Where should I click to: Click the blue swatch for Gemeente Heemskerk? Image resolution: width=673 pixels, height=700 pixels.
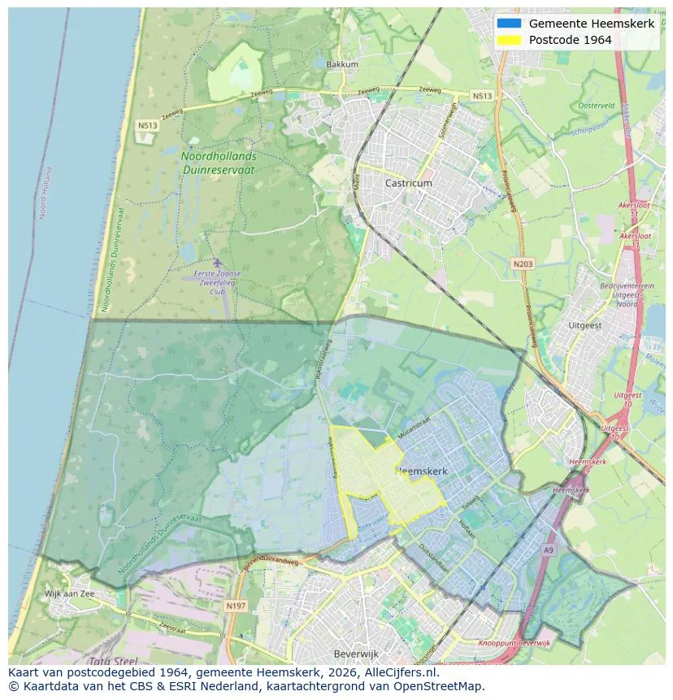point(510,24)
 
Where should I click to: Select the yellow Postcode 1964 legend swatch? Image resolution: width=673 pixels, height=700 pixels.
point(510,40)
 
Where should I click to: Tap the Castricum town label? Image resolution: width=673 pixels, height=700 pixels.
point(408,184)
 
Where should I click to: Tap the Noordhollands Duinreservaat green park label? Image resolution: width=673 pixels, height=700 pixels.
point(218,163)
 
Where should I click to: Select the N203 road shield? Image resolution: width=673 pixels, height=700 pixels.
point(522,263)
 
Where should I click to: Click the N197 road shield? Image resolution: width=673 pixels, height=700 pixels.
point(236,606)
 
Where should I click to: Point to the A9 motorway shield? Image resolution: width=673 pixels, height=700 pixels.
point(549,550)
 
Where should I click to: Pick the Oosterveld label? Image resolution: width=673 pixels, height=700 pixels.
point(596,106)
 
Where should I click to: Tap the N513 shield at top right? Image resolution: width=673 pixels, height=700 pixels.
point(482,96)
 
